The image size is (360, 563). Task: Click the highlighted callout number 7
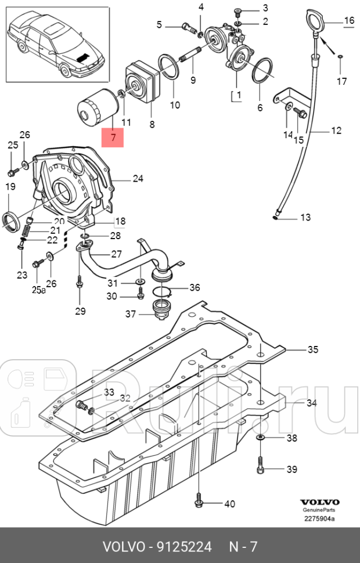point(113,138)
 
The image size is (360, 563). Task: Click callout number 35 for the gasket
point(312,349)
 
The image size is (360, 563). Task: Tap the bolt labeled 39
point(260,464)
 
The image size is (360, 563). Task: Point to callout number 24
point(138,179)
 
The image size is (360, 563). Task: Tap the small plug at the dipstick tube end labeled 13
point(277,217)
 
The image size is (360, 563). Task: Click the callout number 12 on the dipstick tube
point(337,131)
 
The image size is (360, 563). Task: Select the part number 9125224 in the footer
point(180,547)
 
